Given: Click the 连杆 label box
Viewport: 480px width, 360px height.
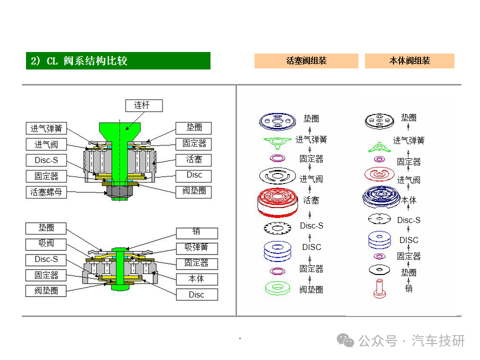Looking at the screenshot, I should point(141,105).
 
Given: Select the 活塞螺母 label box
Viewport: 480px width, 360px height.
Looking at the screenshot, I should point(46,191).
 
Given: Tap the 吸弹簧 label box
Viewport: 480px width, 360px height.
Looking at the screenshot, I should point(196,248).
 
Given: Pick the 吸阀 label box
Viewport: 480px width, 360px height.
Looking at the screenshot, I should point(46,244).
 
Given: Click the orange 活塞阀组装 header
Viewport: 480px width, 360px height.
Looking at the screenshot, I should point(306,61).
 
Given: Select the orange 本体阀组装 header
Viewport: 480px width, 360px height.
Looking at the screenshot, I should point(409,61).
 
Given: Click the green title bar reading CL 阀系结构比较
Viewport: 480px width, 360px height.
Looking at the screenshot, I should point(118,61).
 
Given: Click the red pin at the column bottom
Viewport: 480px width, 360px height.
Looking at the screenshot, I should point(379,289).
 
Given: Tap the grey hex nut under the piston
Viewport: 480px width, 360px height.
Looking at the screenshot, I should point(120,191).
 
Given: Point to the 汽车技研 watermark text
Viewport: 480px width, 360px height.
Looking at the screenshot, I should point(438,341).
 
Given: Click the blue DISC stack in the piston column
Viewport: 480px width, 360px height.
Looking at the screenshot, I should point(277,249).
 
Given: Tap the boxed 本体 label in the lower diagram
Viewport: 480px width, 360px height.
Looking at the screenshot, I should point(196,279).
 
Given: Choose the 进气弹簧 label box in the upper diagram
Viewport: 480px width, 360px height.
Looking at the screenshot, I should point(46,128).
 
